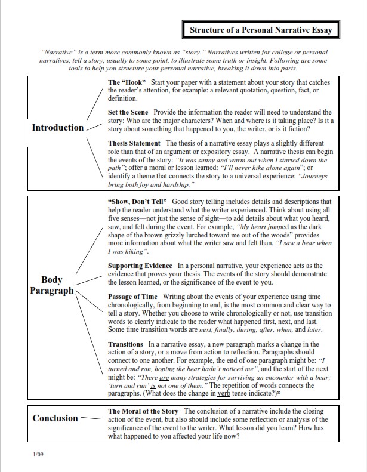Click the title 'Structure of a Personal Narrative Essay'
point(261,29)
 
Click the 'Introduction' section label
point(58,127)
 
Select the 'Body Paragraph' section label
point(52,285)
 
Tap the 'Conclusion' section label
point(55,418)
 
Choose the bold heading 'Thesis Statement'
point(134,143)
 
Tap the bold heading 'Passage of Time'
point(133,297)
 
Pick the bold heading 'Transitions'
point(125,344)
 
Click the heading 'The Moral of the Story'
point(144,412)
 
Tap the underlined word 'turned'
point(118,369)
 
